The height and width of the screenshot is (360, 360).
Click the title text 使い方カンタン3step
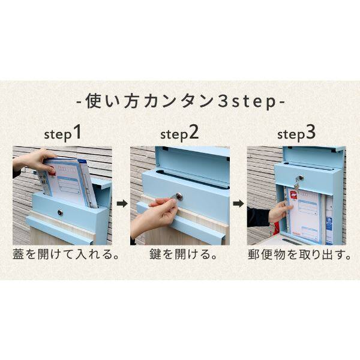pos(180,101)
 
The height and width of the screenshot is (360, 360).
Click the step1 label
pos(62,133)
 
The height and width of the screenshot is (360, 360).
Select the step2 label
pos(179,133)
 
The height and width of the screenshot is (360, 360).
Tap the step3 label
pos(296,133)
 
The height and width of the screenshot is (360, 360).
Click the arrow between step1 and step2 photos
pos(122,204)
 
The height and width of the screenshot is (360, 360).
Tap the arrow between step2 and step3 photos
pos(239,204)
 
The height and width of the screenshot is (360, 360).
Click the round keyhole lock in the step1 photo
pos(59,212)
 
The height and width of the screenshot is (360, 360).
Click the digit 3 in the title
pos(221,101)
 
